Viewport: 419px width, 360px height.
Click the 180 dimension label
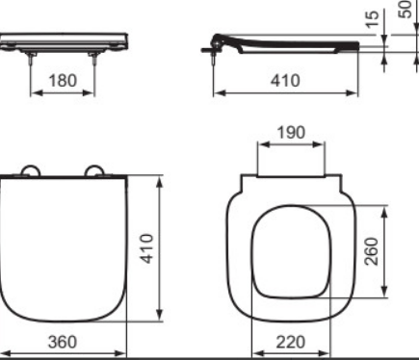coord(63,80)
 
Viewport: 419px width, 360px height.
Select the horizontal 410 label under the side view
coord(285,80)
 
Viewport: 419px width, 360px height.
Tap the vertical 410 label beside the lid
coord(147,248)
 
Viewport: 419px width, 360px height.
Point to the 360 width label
coord(63,342)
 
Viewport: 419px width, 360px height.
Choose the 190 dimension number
coord(291,133)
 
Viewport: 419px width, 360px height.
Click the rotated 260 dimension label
coord(371,251)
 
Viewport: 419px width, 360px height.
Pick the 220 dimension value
coord(291,342)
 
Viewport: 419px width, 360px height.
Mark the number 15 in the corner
coord(372,19)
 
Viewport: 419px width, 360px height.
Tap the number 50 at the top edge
coord(406,9)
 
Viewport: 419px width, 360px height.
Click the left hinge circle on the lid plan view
coord(31,170)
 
